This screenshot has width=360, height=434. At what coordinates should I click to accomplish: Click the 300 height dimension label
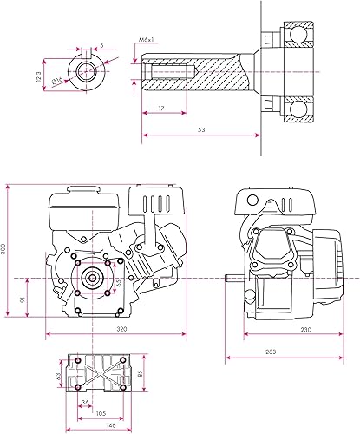click(3, 249)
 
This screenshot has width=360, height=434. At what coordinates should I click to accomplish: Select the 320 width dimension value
click(121, 329)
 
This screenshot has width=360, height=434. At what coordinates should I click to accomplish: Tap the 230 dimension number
click(306, 329)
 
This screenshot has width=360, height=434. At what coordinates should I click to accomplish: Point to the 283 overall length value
click(271, 352)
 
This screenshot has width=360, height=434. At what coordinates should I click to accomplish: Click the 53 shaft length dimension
click(201, 130)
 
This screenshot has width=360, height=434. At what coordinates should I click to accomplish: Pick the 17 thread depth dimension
click(161, 108)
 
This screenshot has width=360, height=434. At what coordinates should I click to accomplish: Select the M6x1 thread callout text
click(146, 40)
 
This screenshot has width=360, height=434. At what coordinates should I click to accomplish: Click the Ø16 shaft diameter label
click(57, 81)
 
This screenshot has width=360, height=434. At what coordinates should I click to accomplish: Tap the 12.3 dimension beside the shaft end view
click(39, 76)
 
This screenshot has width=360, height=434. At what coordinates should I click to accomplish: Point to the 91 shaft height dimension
click(23, 299)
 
